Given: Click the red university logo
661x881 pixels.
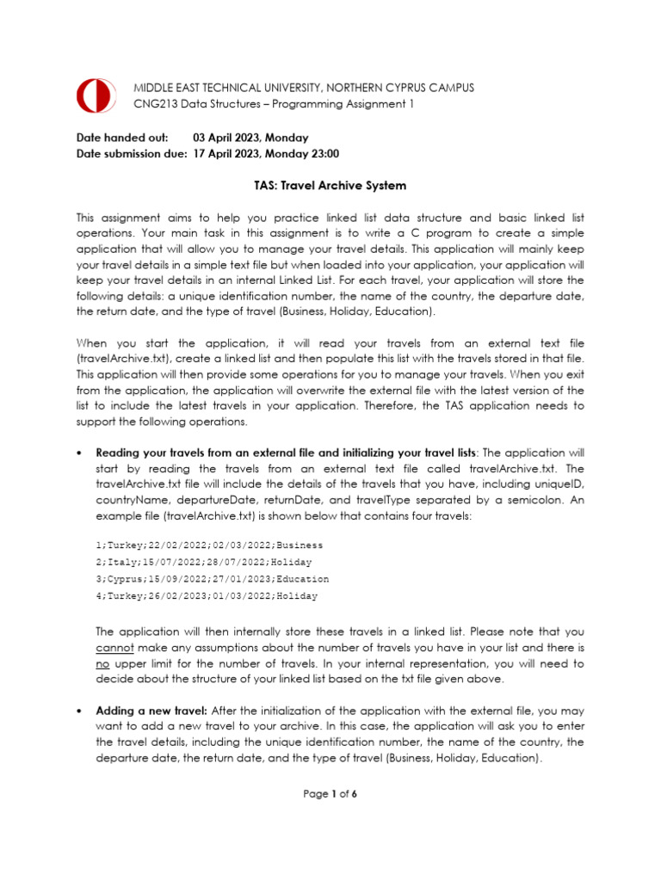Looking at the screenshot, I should pos(95,95).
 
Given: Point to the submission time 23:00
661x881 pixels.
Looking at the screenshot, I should pos(323,154).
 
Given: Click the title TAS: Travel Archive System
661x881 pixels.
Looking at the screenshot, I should pos(330,186).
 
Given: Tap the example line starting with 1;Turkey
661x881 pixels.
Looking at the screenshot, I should pos(209,545).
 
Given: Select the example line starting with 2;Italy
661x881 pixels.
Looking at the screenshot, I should pos(203,562).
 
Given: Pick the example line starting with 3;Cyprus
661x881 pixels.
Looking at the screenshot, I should pos(212,579).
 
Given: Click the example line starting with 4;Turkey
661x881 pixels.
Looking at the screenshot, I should pos(207,595).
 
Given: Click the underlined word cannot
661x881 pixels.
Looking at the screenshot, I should pos(113,647).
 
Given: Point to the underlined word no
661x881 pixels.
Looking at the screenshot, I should pos(103,664).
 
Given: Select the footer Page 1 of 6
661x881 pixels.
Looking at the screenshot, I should pos(330,794).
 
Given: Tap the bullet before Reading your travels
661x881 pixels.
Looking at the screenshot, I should pos(79,453).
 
